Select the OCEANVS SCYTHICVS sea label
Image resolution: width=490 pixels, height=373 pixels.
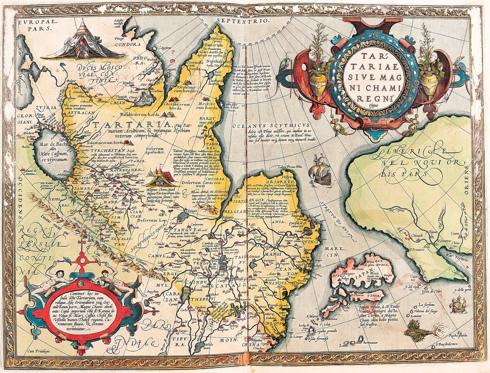[x=270, y=125]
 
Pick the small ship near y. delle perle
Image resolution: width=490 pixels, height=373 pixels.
[x=458, y=304]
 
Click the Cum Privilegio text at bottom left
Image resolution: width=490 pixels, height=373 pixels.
[x=39, y=352]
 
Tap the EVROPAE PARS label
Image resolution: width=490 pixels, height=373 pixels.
[x=35, y=26]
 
